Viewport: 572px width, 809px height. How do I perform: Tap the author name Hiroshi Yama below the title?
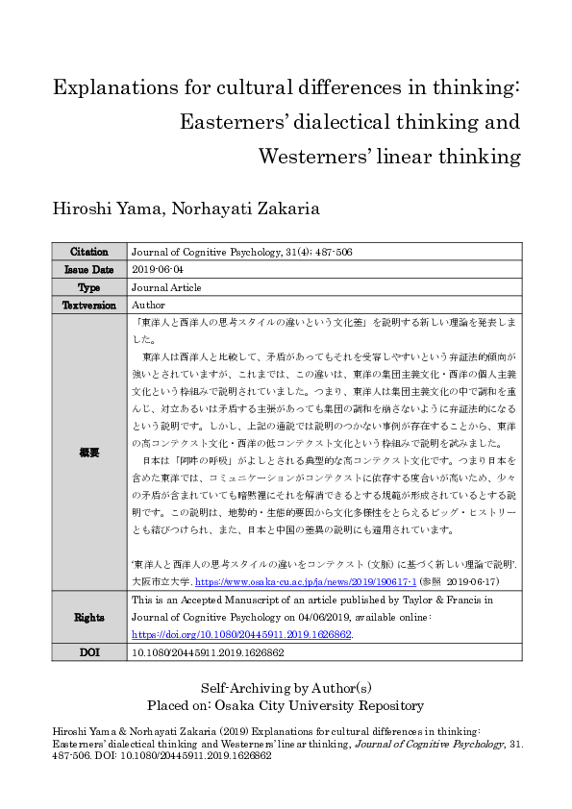(99, 208)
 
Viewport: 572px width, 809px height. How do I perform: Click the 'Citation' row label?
(89, 252)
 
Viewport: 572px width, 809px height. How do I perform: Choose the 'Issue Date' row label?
(89, 269)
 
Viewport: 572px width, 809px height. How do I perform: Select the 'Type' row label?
(89, 286)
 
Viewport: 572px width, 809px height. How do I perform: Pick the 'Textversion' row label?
(89, 304)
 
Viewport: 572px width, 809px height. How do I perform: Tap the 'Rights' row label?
(89, 617)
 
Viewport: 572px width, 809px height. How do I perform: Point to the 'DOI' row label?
(89, 651)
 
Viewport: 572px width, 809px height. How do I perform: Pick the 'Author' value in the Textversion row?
(149, 304)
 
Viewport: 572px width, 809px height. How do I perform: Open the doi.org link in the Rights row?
(240, 634)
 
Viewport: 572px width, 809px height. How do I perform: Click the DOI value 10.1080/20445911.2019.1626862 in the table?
(207, 651)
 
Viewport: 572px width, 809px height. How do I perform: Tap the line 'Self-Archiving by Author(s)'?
(286, 688)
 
